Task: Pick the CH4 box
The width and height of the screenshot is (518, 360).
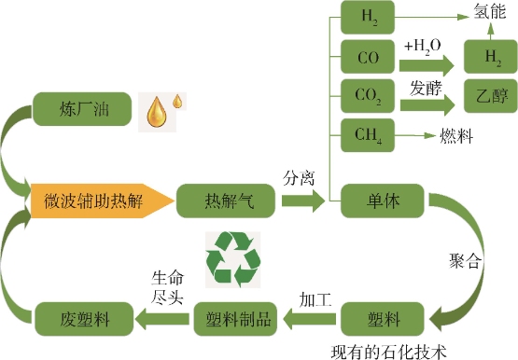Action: pyautogui.click(x=367, y=135)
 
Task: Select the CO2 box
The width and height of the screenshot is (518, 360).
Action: pyautogui.click(x=367, y=96)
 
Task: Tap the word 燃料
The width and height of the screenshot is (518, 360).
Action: pyautogui.click(x=455, y=136)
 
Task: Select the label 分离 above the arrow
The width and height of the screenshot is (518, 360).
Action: pyautogui.click(x=300, y=174)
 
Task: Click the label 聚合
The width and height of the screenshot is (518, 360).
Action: pyautogui.click(x=466, y=260)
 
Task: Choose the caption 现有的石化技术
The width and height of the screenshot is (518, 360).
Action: pyautogui.click(x=390, y=351)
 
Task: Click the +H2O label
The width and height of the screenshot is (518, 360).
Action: pyautogui.click(x=424, y=44)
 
